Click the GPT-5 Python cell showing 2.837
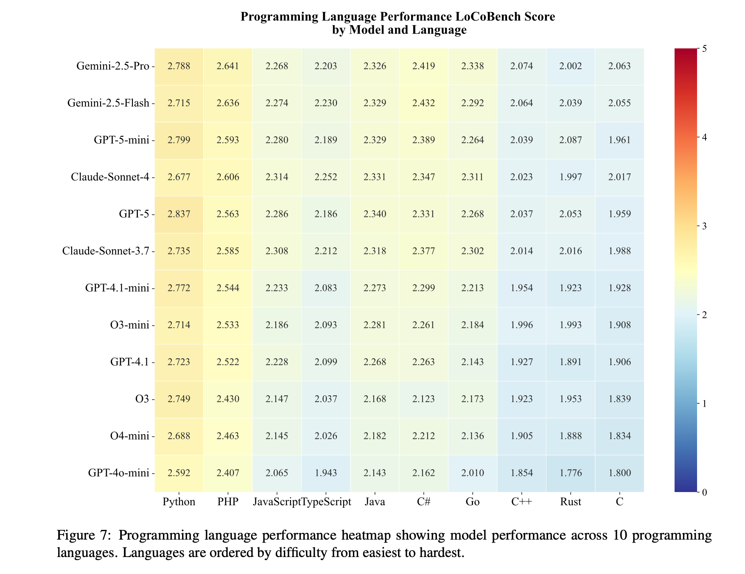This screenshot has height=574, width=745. pyautogui.click(x=179, y=214)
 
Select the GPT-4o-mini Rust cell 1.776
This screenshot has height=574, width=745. pyautogui.click(x=570, y=473)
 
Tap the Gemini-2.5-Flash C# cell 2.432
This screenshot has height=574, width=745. pyautogui.click(x=423, y=103)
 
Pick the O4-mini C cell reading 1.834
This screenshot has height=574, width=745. pyautogui.click(x=619, y=436)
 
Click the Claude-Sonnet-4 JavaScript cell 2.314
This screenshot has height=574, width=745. pyautogui.click(x=277, y=177)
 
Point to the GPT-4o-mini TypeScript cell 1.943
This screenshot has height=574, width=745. pyautogui.click(x=325, y=473)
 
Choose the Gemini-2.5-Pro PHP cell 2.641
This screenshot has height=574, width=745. pyautogui.click(x=228, y=66)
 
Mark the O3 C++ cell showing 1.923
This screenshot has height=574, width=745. pyautogui.click(x=521, y=399)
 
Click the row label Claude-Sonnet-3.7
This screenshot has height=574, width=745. pyautogui.click(x=106, y=251)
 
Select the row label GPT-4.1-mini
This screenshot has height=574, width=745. pyautogui.click(x=117, y=288)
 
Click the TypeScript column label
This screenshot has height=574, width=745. pyautogui.click(x=326, y=502)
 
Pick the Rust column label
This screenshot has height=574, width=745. pyautogui.click(x=570, y=502)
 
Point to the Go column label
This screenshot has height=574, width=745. pyautogui.click(x=472, y=502)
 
